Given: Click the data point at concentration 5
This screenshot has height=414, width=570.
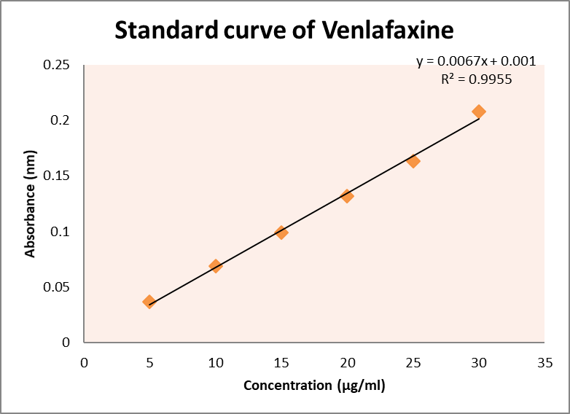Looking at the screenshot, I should pyautogui.click(x=149, y=302).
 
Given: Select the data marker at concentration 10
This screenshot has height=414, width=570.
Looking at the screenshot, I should pyautogui.click(x=215, y=266).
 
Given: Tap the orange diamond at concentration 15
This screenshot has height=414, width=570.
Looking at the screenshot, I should pyautogui.click(x=281, y=233).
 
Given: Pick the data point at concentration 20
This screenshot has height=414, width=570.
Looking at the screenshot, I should pyautogui.click(x=347, y=196).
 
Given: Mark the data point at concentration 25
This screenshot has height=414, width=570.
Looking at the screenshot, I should pyautogui.click(x=413, y=161).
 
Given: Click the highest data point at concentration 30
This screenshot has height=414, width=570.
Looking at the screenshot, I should pyautogui.click(x=479, y=112).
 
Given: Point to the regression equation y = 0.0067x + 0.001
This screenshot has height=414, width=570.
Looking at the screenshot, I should pyautogui.click(x=476, y=62).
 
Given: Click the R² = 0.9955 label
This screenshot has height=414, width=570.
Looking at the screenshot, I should pyautogui.click(x=476, y=79).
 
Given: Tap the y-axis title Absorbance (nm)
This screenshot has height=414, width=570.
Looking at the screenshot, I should pyautogui.click(x=31, y=208).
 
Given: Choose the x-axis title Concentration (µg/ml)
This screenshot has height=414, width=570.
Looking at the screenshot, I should pyautogui.click(x=314, y=386).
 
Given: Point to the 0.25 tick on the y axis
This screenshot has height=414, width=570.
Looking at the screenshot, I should pyautogui.click(x=56, y=66).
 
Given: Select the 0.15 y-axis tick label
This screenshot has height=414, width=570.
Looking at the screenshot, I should pyautogui.click(x=56, y=176).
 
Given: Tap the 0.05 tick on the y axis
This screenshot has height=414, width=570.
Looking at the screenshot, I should pyautogui.click(x=56, y=287).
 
